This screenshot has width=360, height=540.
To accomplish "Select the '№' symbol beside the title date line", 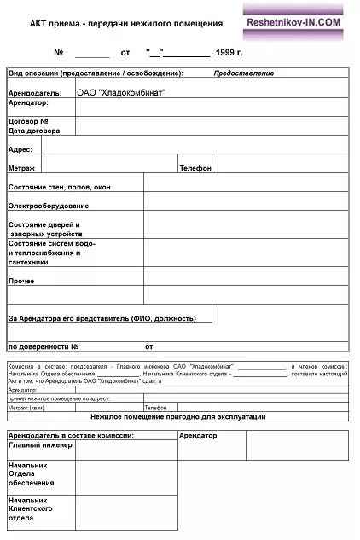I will click(x=59, y=53).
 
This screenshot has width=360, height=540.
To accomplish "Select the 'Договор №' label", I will click(x=28, y=122).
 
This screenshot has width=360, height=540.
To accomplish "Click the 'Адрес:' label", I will click(x=20, y=149).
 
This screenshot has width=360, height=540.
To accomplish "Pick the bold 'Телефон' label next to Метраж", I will click(x=195, y=169).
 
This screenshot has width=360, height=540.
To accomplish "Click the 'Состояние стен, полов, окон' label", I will click(x=59, y=187).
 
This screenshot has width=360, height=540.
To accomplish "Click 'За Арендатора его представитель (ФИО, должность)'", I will click(x=102, y=318).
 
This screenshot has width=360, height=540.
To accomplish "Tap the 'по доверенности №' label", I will click(x=44, y=347).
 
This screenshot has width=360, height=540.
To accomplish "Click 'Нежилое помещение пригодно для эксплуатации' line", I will click(x=177, y=416).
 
